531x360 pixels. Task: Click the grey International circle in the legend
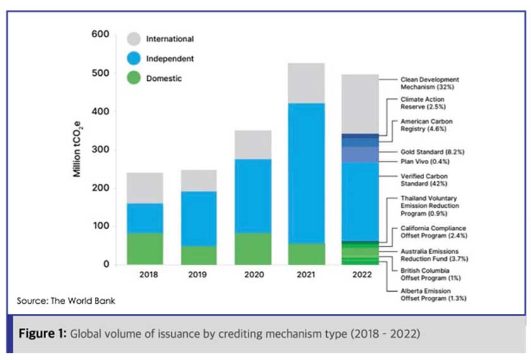(x=133, y=39)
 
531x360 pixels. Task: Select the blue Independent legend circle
(x=133, y=59)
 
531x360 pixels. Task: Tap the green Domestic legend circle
(x=133, y=79)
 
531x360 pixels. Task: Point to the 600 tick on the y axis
(x=101, y=34)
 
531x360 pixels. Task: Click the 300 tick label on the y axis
(x=101, y=150)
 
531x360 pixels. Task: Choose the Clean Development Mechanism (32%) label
(x=430, y=83)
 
